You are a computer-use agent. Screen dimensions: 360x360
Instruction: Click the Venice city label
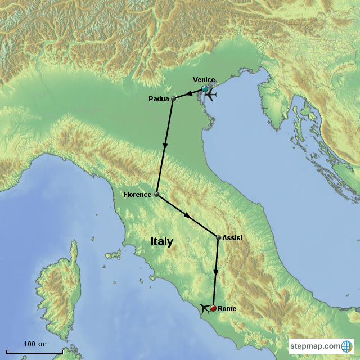(204, 80)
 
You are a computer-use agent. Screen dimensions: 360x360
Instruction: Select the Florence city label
(138, 195)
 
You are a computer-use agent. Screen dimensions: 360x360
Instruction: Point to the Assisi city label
(232, 238)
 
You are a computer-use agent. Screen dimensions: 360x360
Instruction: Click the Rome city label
(227, 308)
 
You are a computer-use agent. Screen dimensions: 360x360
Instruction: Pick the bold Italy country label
(161, 241)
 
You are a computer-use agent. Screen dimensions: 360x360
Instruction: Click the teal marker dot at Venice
(205, 89)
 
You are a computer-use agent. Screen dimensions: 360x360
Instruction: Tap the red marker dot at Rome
(213, 308)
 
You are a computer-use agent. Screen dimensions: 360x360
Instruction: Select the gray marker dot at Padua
(173, 98)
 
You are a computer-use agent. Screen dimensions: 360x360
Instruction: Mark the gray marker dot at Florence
(156, 194)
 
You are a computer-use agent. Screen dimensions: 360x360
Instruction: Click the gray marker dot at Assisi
(218, 238)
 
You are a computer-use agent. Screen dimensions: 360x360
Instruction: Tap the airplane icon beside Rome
(205, 308)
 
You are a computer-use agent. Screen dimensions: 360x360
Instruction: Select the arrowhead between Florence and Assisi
(187, 215)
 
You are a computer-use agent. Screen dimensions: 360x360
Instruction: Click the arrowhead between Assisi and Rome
(215, 272)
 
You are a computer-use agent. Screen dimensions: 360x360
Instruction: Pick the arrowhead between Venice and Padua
(190, 93)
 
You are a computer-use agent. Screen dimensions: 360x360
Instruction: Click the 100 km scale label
(34, 344)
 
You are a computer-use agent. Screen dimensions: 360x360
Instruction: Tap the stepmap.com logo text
(315, 346)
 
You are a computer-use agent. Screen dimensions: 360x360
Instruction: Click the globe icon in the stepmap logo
(347, 345)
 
